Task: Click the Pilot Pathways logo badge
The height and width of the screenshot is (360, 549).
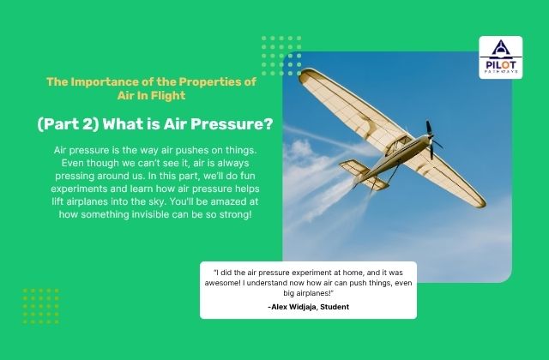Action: pyautogui.click(x=500, y=57)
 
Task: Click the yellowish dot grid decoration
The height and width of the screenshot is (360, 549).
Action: pyautogui.click(x=40, y=305)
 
